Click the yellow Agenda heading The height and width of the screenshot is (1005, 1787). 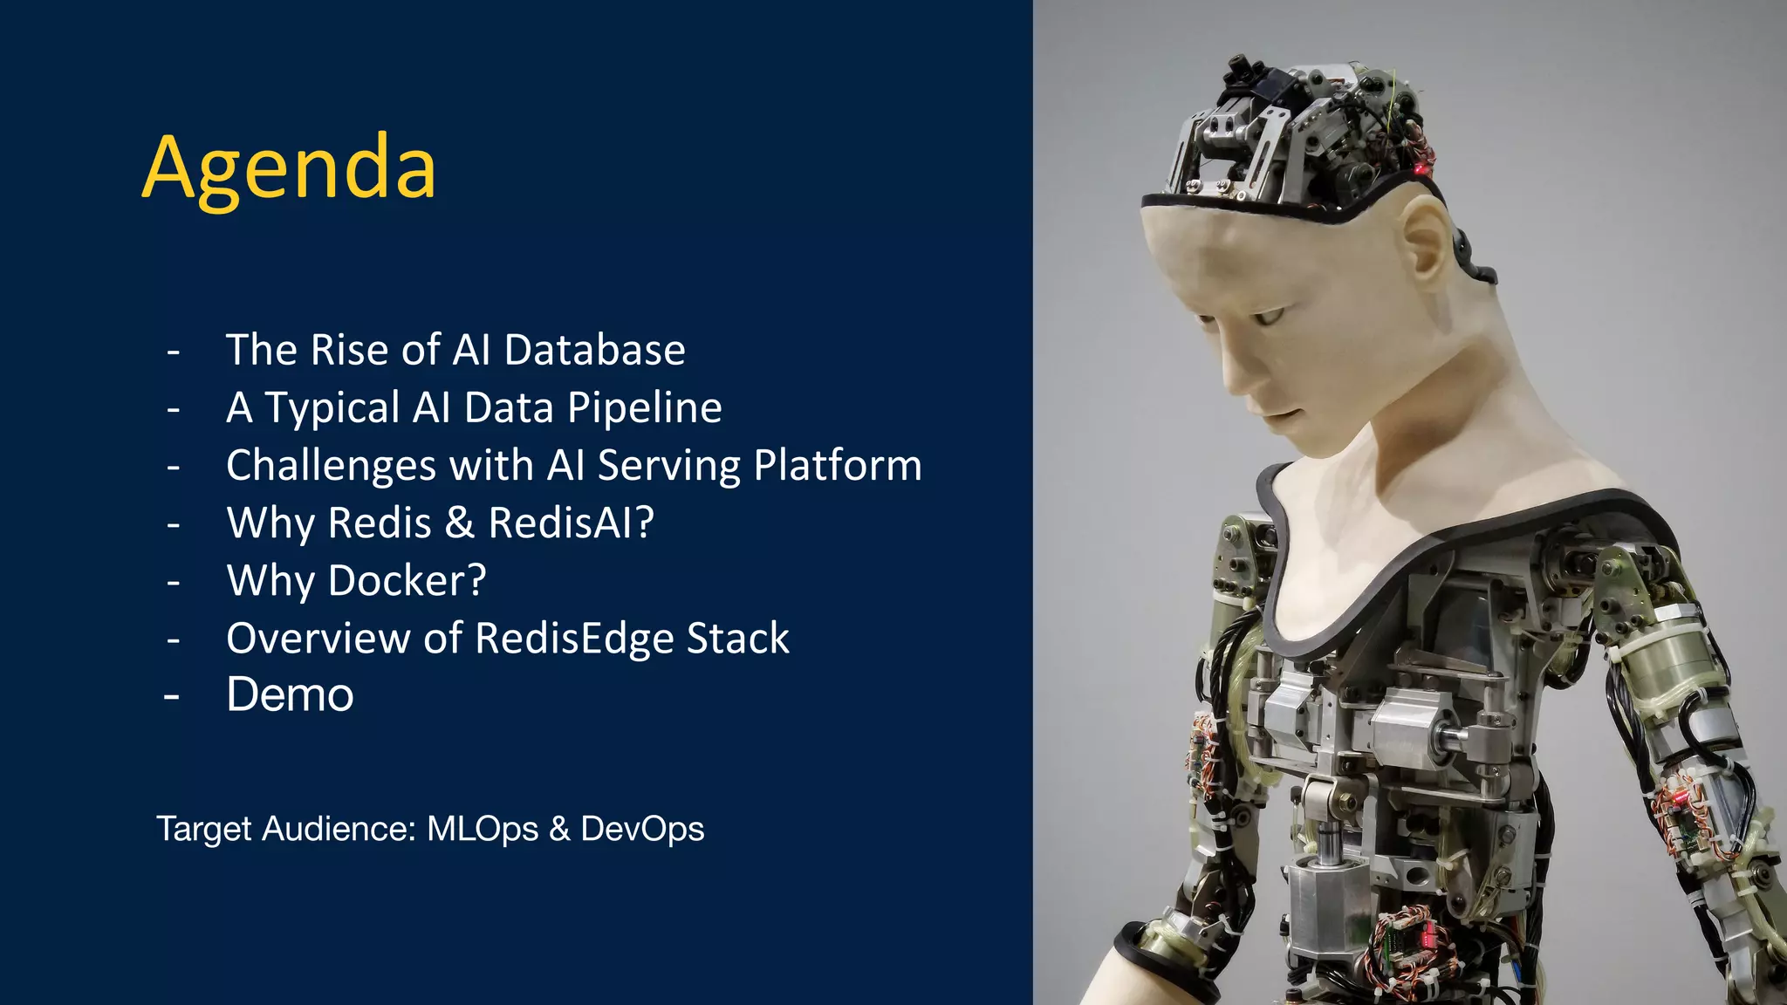289,167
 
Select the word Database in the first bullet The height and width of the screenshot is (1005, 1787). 594,350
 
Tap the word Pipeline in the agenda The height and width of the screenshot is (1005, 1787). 645,407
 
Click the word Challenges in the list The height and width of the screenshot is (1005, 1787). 331,466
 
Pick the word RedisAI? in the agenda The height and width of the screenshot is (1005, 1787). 571,523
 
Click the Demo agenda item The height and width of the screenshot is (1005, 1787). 290,695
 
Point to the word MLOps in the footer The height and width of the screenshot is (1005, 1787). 483,829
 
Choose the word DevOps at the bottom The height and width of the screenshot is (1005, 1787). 642,829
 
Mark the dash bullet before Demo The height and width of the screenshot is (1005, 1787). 172,697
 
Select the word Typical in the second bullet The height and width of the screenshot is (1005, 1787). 332,407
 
